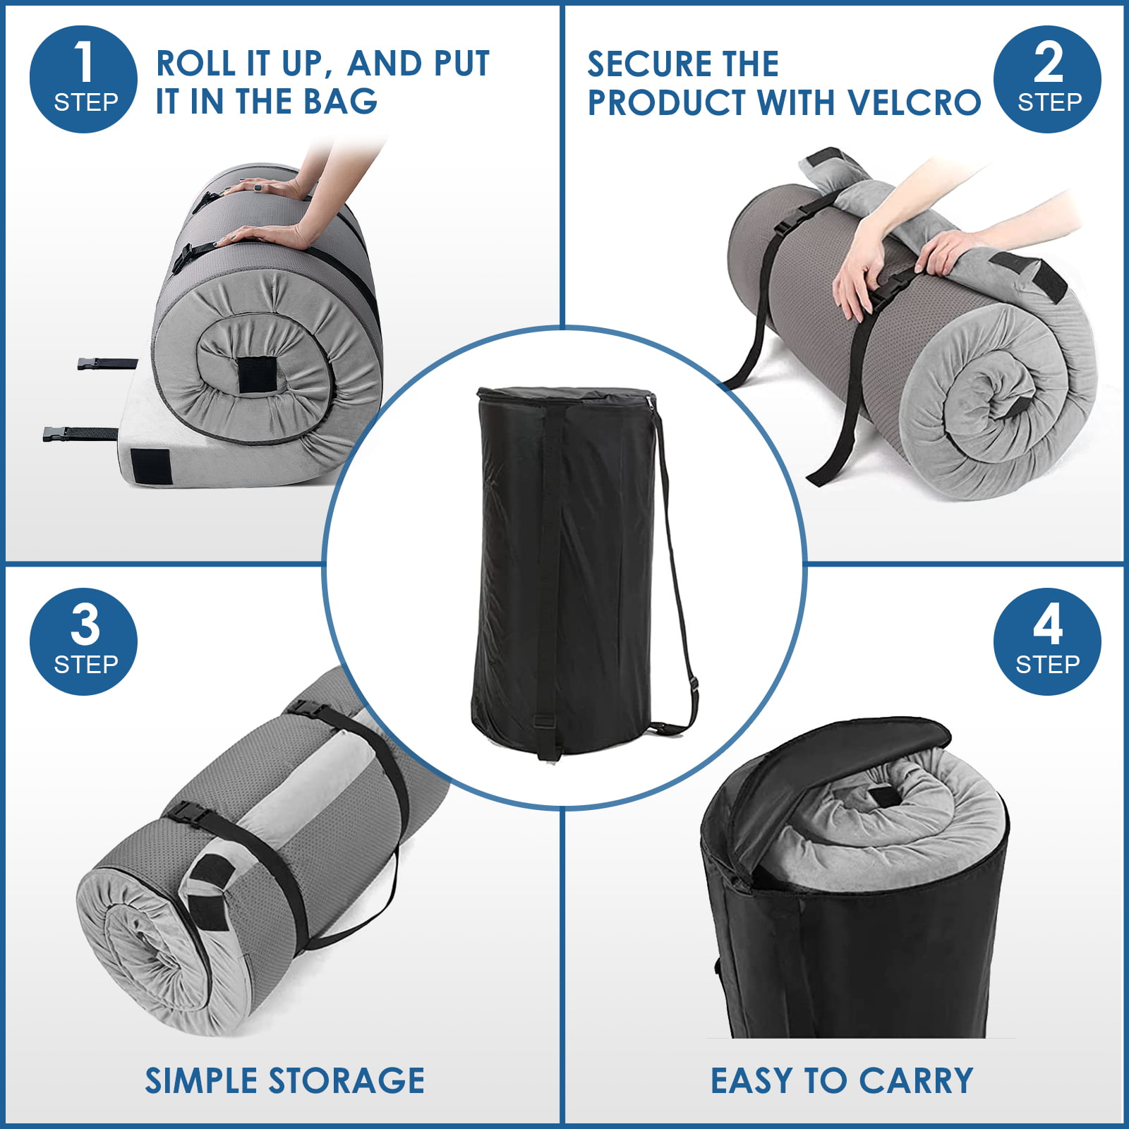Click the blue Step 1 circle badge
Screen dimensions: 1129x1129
coord(83,79)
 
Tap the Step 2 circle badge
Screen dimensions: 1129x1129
coord(1048,79)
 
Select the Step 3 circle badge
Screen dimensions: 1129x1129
coord(83,641)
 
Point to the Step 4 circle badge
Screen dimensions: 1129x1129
coord(1048,641)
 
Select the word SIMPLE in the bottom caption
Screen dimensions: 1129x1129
coord(203,1080)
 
